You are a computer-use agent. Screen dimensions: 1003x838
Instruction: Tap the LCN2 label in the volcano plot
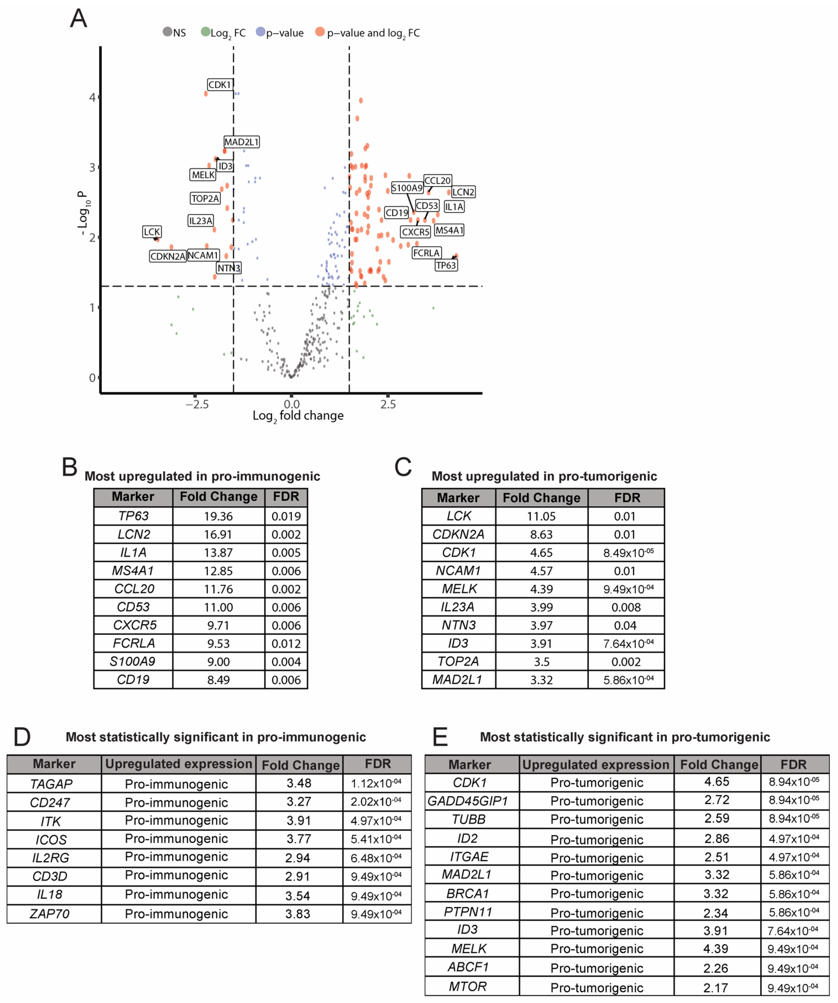click(x=463, y=192)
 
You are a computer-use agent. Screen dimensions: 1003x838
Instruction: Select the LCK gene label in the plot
click(x=152, y=232)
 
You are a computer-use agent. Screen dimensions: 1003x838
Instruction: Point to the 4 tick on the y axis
click(x=92, y=97)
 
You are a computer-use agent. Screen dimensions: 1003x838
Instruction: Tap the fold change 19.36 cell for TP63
click(x=218, y=516)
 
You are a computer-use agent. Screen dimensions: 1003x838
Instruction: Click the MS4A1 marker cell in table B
click(x=133, y=571)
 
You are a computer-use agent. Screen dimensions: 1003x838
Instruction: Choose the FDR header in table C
click(x=627, y=498)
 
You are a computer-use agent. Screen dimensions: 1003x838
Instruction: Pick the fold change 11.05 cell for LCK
click(x=541, y=516)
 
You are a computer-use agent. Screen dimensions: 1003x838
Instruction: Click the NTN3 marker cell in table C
click(x=458, y=625)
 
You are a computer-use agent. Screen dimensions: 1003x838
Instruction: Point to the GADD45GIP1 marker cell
click(x=468, y=801)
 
